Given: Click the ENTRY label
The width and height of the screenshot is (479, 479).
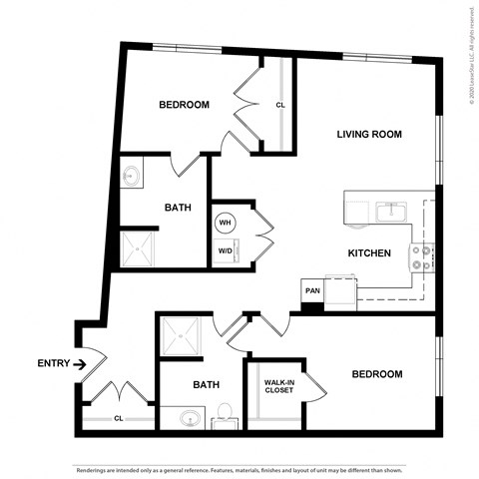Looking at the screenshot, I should tap(52, 363).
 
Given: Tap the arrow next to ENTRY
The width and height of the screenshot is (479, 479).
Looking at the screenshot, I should tap(79, 363).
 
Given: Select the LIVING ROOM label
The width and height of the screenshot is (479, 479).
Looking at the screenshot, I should tap(368, 134).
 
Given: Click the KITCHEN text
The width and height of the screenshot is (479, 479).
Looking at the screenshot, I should tap(368, 253).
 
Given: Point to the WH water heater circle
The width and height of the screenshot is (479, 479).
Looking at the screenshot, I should tap(225, 222).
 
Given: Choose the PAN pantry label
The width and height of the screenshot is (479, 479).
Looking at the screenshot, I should tap(312, 290).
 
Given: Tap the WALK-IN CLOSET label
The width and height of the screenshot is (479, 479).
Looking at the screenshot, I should tap(278, 387).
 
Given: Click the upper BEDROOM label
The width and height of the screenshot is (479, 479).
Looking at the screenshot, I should tap(185, 105).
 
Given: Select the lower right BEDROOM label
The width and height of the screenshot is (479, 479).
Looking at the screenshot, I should tap(376, 374).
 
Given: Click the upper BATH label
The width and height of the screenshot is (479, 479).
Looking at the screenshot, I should tap(178, 209).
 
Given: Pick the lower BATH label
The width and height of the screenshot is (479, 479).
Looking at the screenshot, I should tap(207, 384).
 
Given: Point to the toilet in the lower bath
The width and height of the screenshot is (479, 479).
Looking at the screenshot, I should tap(226, 412).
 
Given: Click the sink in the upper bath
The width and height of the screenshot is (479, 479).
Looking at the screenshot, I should tap(132, 178).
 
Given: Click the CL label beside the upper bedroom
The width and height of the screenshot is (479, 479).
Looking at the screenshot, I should tap(280, 105).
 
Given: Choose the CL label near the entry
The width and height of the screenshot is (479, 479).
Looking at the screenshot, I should tap(118, 418).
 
